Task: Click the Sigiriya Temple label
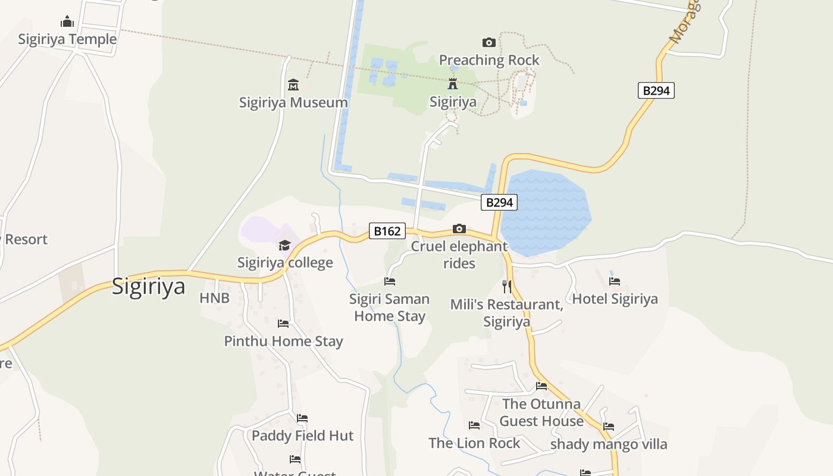click(67, 39)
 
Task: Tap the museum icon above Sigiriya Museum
click(293, 84)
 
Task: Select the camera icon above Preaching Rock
click(488, 42)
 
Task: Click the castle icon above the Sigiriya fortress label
click(453, 83)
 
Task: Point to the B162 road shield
click(387, 231)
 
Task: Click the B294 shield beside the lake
click(499, 202)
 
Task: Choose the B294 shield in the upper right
click(656, 90)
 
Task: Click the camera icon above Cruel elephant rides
click(459, 228)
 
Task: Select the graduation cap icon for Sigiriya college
click(285, 245)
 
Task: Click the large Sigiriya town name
click(148, 287)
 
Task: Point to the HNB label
click(214, 298)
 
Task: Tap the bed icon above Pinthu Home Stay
click(283, 324)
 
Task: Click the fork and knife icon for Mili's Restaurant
click(506, 287)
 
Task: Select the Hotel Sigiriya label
click(615, 299)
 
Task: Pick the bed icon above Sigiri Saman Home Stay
click(390, 281)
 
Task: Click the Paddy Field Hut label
click(302, 436)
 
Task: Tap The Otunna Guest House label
click(541, 412)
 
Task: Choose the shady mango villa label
click(609, 444)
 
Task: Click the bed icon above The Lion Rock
click(474, 425)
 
